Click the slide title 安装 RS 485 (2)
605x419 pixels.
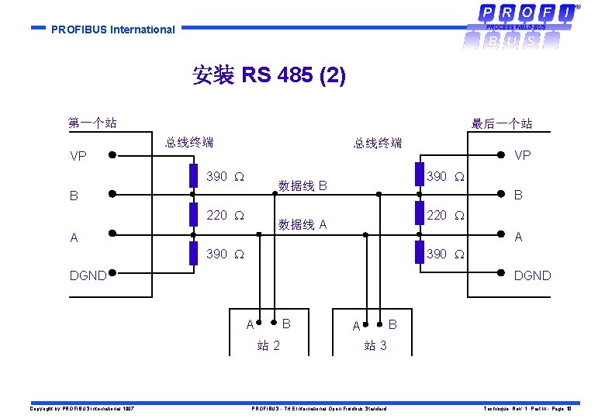pyautogui.click(x=268, y=75)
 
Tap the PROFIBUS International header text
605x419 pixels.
pyautogui.click(x=113, y=29)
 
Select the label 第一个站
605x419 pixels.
pyautogui.click(x=92, y=123)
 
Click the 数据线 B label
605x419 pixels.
pyautogui.click(x=302, y=186)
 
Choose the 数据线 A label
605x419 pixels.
pyautogui.click(x=302, y=225)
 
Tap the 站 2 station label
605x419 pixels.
pyautogui.click(x=268, y=345)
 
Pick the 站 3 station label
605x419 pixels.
pyautogui.click(x=375, y=345)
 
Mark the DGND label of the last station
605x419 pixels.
pyautogui.click(x=532, y=275)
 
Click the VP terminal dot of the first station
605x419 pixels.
pyautogui.click(x=112, y=154)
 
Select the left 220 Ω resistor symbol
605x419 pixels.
pyautogui.click(x=192, y=215)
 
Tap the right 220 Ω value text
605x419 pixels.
pyautogui.click(x=445, y=215)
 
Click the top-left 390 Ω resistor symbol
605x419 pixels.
pyautogui.click(x=192, y=176)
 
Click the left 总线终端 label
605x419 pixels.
pyautogui.click(x=188, y=142)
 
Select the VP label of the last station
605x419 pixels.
pyautogui.click(x=523, y=155)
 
